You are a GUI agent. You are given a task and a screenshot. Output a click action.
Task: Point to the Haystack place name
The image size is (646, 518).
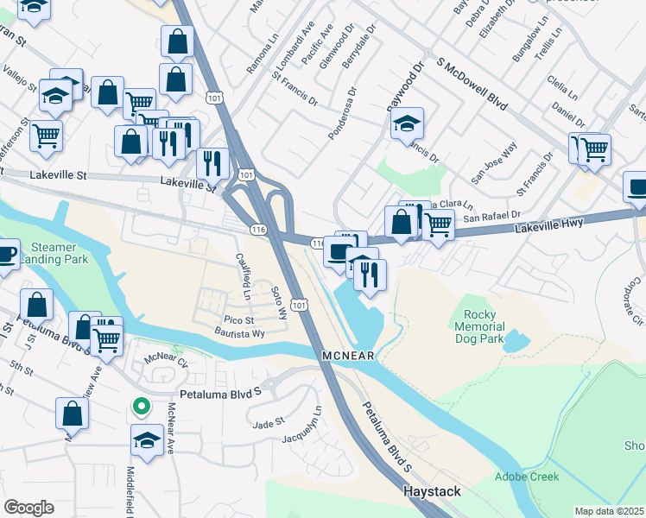[x=432, y=491]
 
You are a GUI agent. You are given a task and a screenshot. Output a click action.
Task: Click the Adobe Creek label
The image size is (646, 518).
[x=527, y=477]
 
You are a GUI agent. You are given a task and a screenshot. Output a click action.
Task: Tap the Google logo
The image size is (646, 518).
[x=28, y=508]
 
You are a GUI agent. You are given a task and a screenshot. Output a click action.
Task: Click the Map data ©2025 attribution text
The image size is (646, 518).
[x=609, y=511]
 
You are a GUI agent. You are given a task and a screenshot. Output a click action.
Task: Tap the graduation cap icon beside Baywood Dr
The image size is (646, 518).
[x=407, y=123]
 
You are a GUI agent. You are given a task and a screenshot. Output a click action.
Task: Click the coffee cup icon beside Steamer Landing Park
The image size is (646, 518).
[x=6, y=255]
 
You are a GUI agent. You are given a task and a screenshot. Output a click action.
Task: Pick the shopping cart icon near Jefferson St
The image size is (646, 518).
[x=47, y=135]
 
